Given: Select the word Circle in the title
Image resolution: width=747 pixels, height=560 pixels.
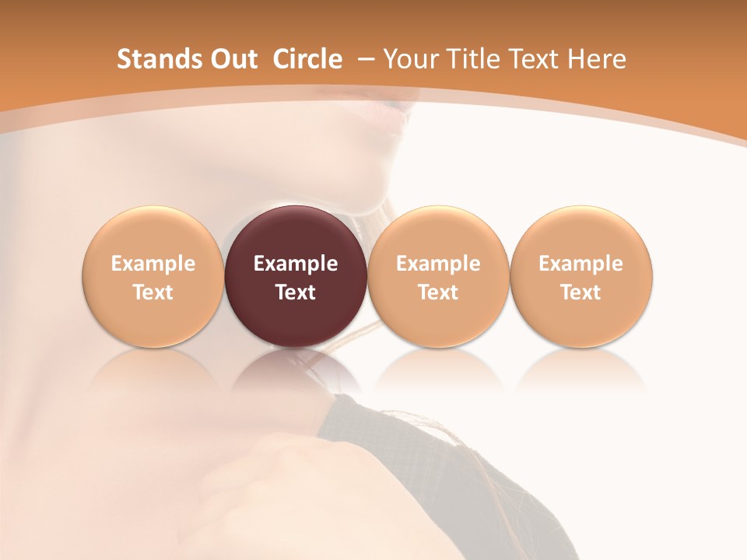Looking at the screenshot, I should point(307,59).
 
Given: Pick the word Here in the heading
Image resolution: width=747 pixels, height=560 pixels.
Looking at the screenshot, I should point(598,59).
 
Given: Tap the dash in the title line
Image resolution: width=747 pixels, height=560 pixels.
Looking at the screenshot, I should point(363,59).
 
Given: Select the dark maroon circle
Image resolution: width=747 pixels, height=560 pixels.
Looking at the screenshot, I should point(296,276).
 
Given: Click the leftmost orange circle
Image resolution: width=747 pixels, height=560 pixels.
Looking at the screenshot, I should point(153,276).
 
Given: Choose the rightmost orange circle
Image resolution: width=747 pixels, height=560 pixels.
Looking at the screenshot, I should point(581,276).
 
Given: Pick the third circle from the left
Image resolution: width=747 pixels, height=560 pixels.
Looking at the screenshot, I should point(438,276).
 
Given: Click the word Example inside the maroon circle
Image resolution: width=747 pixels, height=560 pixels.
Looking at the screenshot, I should point(296,264).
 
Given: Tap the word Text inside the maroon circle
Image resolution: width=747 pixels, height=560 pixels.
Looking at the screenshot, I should point(296,292).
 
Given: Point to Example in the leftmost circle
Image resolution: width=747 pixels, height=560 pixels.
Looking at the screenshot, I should point(153,264).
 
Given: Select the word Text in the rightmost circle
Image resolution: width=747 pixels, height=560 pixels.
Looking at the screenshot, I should point(581,292).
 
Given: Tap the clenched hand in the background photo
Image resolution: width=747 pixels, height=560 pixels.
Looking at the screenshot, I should point(257,482).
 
